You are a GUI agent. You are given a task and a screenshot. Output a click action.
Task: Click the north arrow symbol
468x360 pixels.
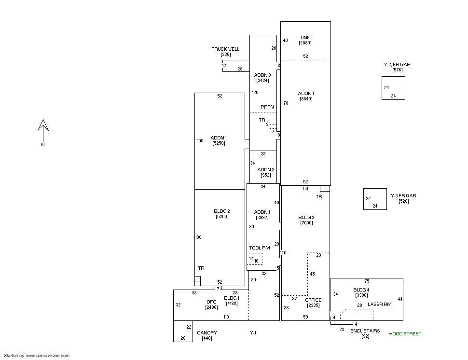tap(43, 131)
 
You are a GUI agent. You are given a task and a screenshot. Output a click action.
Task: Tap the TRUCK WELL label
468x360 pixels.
tap(225, 49)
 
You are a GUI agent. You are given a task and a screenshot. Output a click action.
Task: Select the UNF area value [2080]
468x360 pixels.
tap(305, 43)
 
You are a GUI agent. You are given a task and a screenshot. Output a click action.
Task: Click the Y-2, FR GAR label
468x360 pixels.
tap(397, 65)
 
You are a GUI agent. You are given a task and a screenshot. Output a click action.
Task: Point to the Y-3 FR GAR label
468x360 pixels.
tap(403, 196)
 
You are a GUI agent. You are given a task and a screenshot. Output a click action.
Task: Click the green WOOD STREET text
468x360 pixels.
tap(405, 334)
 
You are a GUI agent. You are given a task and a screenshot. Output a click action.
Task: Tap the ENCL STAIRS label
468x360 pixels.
tap(365, 331)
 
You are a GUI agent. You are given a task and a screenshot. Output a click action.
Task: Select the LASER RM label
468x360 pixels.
tap(379, 304)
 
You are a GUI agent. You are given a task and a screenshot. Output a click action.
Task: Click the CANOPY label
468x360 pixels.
tap(207, 333)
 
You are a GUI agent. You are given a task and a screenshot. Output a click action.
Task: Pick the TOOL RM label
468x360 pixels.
tap(260, 248)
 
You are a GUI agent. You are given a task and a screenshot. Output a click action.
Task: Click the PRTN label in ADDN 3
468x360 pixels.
tap(267, 107)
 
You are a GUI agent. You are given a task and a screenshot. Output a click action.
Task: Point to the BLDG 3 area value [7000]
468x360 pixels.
tap(306, 223)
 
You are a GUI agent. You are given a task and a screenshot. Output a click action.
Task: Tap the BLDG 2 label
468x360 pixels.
tap(222, 211)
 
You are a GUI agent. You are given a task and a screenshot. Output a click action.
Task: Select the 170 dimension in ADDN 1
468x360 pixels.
tap(285, 103)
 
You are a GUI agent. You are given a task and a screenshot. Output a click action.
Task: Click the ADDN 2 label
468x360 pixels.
tap(266, 170)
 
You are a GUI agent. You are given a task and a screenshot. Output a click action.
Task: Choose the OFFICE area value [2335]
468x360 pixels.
tap(313, 305)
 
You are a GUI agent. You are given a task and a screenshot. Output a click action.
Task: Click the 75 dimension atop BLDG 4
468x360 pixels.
tap(367, 281)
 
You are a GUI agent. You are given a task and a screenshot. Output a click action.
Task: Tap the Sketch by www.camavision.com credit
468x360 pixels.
tap(37, 356)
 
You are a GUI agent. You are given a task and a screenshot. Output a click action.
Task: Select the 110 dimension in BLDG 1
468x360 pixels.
tap(226, 317)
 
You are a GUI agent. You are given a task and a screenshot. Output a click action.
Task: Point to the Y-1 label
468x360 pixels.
tap(253, 333)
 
